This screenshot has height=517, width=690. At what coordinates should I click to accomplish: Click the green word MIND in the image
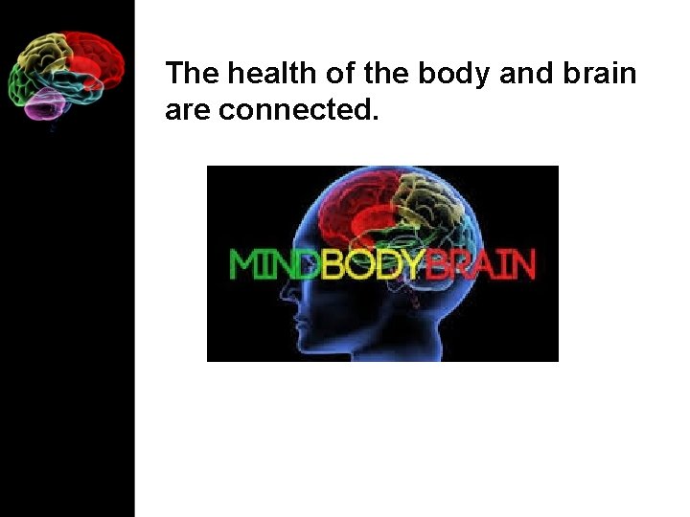(273, 263)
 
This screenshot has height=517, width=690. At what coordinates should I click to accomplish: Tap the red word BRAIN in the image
(479, 263)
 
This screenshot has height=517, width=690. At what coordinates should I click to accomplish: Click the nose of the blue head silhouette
(289, 308)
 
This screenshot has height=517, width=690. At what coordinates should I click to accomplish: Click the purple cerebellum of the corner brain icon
(44, 104)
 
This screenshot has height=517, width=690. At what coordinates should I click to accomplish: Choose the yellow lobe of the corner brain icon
(46, 53)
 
